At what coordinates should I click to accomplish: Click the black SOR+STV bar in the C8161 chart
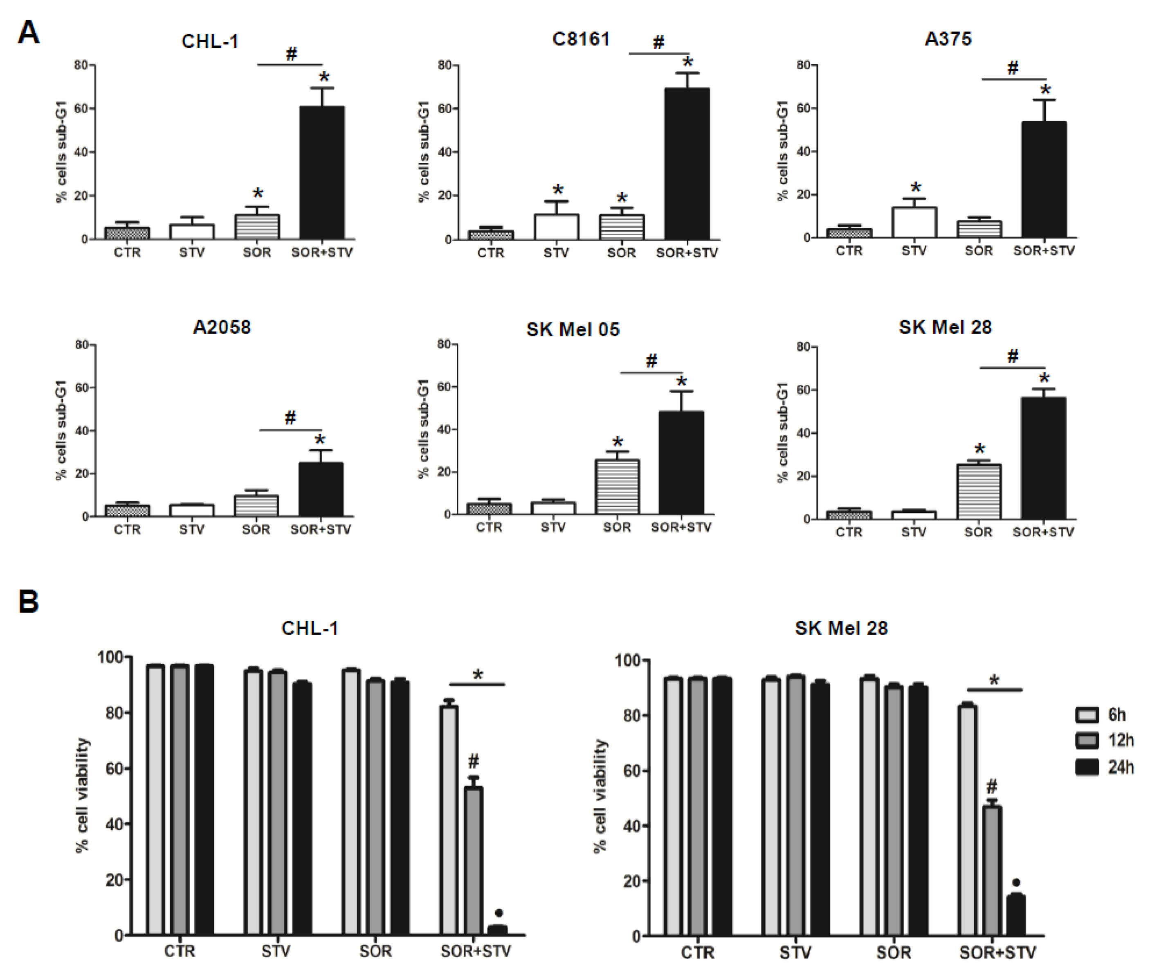[x=687, y=164]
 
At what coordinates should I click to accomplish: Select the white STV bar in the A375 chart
[x=914, y=222]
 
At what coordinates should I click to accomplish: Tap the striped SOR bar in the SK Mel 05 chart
[x=617, y=487]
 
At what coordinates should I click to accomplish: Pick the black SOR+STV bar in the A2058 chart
[x=321, y=489]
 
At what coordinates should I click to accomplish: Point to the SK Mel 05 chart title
[x=573, y=329]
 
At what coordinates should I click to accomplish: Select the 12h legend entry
[x=1105, y=741]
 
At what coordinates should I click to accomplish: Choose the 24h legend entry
[x=1105, y=767]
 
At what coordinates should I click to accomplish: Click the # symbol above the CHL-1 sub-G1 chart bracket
[x=291, y=54]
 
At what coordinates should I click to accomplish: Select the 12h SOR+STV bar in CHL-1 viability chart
[x=474, y=861]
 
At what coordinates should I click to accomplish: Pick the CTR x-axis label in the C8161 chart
[x=490, y=253]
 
